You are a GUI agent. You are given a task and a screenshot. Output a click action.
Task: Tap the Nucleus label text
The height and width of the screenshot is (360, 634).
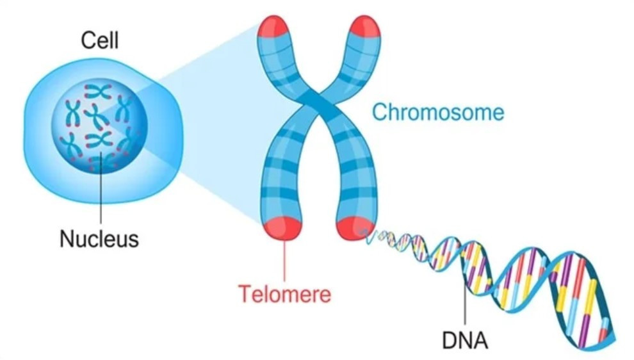[x=99, y=240]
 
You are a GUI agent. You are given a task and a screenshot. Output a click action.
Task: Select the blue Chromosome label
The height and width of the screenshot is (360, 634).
[x=438, y=113]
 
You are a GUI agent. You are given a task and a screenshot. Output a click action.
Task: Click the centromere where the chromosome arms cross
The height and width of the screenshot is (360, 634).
[x=318, y=106]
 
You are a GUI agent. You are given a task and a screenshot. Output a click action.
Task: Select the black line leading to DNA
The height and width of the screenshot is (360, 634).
[x=465, y=301]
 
